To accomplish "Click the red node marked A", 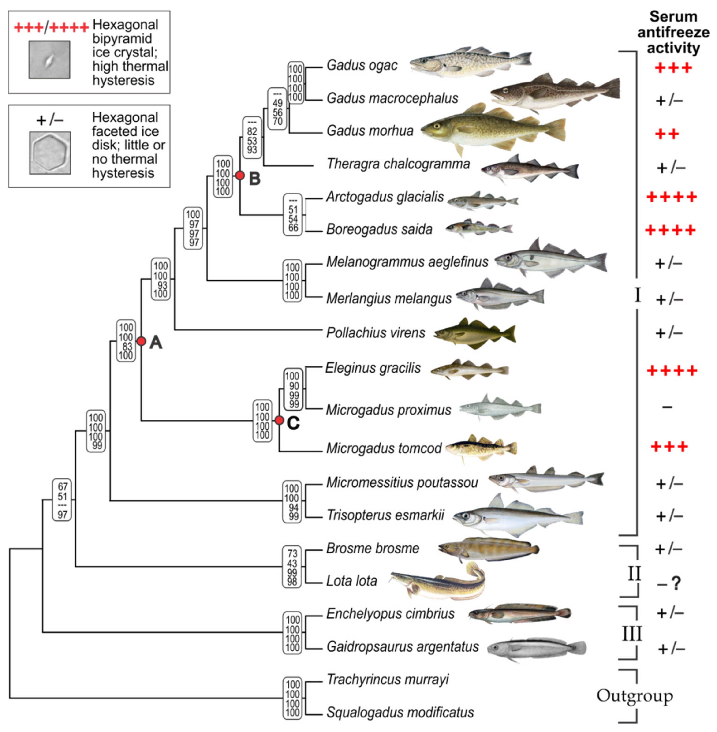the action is [x=141, y=341].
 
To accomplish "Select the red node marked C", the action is [x=279, y=420].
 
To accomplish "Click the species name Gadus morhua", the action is [x=370, y=131].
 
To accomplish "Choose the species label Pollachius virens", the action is [x=375, y=333].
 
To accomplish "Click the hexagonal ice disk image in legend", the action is [x=50, y=153].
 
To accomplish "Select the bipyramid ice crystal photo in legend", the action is [x=49, y=60].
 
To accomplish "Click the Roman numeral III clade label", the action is [x=631, y=634].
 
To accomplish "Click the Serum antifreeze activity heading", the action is [x=673, y=32].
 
